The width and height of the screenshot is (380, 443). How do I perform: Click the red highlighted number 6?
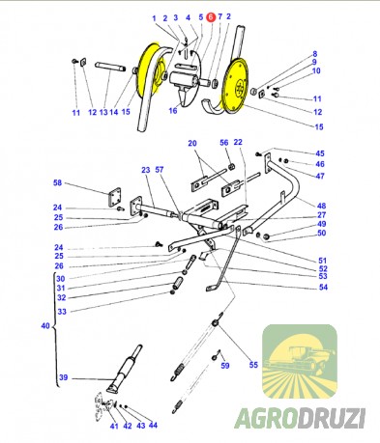[211, 17]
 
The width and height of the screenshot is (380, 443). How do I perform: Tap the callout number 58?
[57, 182]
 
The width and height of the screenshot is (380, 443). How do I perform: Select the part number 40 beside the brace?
[45, 326]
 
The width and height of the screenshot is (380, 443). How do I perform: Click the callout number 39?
[64, 377]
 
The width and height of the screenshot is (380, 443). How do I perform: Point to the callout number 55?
[253, 365]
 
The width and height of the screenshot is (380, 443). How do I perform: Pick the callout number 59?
[225, 366]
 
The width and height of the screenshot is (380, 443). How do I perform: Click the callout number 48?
[321, 206]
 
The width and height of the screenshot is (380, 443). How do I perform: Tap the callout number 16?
[173, 111]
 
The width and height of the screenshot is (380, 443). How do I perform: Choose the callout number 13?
[103, 112]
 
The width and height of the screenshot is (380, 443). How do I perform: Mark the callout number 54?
[323, 287]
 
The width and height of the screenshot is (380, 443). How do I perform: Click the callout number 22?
[238, 142]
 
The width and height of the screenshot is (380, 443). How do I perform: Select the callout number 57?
[160, 170]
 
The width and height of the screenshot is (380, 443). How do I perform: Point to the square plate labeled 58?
[113, 197]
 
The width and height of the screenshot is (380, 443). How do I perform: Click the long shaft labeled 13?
[110, 67]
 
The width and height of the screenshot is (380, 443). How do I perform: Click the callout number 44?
[153, 426]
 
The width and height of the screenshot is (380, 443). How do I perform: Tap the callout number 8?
[315, 54]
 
